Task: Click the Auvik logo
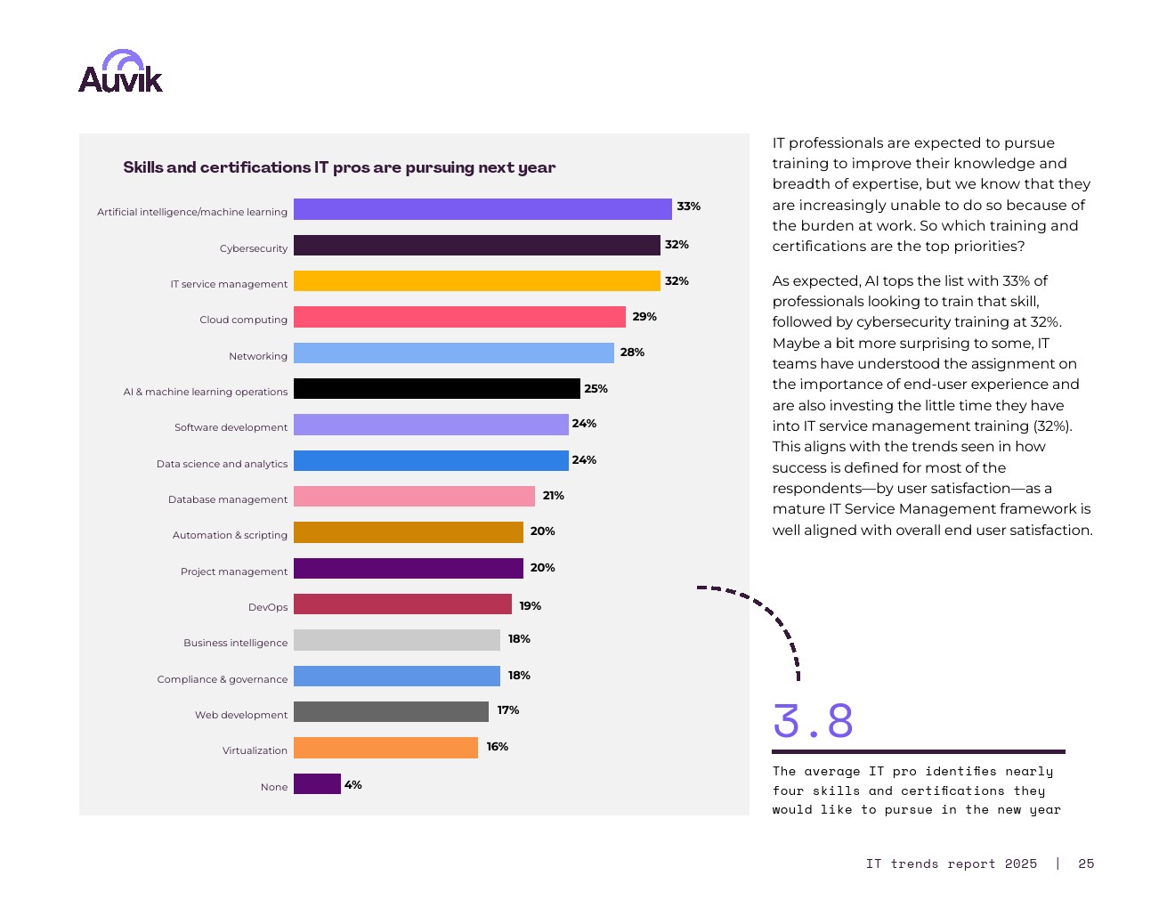click(x=120, y=72)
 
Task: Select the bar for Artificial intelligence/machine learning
click(x=482, y=209)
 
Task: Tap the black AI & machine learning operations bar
click(x=436, y=389)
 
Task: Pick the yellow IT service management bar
click(x=476, y=281)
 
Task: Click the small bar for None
click(x=317, y=784)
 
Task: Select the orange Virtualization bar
click(x=385, y=748)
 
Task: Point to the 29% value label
click(x=644, y=317)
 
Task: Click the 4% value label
click(x=353, y=785)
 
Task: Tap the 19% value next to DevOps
click(x=531, y=606)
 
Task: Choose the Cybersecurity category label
click(x=254, y=248)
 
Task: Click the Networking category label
click(x=258, y=356)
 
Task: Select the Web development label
click(x=241, y=715)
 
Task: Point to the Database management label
click(x=228, y=499)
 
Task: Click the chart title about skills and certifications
click(x=339, y=167)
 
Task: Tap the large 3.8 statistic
click(x=813, y=721)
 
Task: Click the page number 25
click(x=1086, y=863)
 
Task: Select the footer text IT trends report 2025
click(x=951, y=863)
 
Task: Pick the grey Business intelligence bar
click(x=397, y=640)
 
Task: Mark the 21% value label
click(x=554, y=496)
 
